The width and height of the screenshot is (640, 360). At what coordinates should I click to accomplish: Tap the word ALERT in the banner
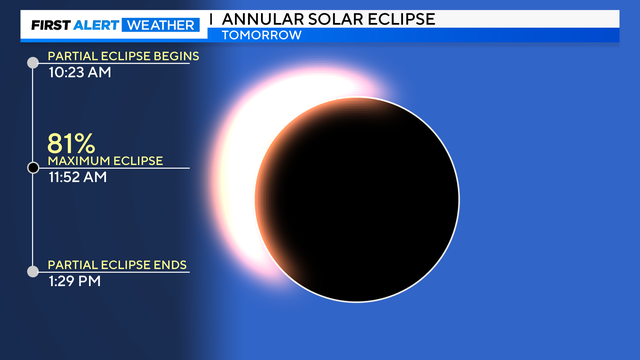coord(98,24)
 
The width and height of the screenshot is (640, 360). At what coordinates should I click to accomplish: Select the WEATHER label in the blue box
coord(160,24)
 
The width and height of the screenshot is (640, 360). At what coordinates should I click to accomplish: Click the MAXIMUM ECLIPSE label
coord(105,161)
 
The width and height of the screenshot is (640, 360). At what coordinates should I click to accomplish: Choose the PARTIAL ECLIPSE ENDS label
coord(117,265)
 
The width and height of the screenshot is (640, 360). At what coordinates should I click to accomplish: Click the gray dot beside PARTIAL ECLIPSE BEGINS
coord(33,63)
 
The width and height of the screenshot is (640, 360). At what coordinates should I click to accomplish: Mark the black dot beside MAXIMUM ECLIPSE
coord(33,167)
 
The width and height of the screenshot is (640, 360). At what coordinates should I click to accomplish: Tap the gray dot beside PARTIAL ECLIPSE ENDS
coord(33,271)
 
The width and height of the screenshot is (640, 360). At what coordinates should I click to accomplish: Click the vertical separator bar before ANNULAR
coord(211,19)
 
